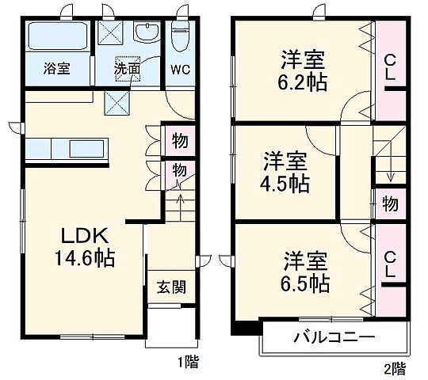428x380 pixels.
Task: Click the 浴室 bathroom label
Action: (56, 68)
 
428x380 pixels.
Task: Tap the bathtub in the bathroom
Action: (57, 36)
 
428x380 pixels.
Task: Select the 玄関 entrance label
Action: (170, 287)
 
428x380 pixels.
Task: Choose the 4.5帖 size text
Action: (285, 184)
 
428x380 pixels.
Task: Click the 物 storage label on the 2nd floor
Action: (390, 203)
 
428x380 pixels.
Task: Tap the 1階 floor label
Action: (187, 364)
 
